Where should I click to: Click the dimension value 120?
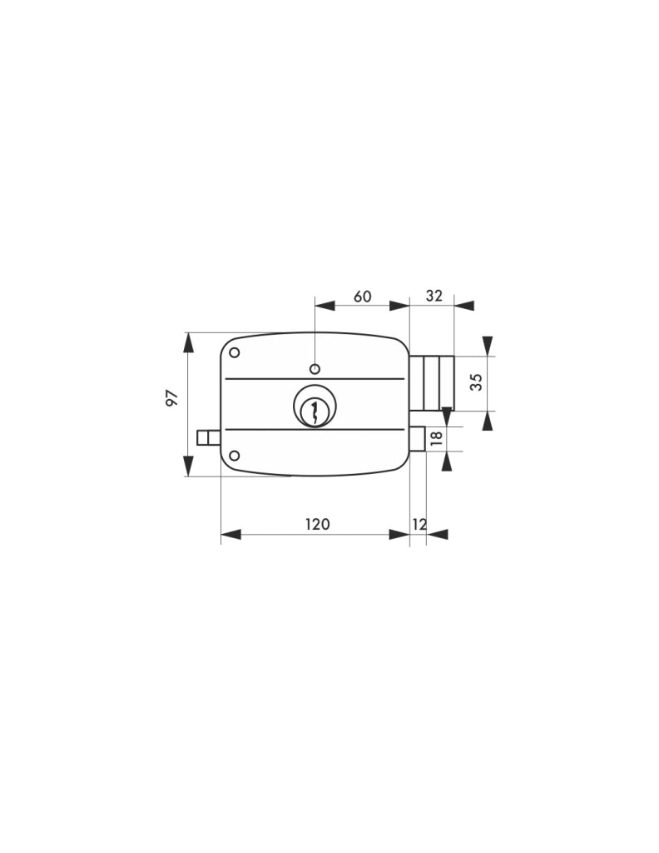317,524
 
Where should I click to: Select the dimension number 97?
171,397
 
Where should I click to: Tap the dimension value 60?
363,297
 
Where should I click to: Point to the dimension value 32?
434,296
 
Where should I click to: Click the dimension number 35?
476,382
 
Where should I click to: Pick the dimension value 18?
436,438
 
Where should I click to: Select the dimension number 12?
420,525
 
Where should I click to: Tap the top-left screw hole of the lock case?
235,352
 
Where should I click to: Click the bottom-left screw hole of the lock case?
235,456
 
